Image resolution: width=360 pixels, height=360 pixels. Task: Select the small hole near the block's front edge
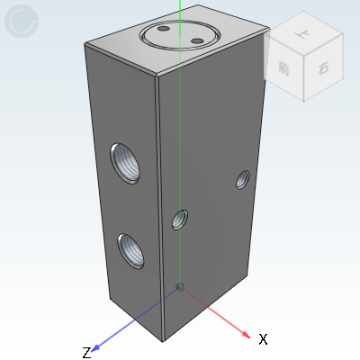coord(180,218)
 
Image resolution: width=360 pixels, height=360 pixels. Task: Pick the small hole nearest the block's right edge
coord(242,180)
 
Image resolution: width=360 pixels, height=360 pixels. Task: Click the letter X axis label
coord(263,339)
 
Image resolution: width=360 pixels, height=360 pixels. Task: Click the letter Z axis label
coord(86,352)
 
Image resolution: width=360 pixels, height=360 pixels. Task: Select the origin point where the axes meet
coord(180,286)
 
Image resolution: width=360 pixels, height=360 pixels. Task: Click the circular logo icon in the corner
coord(22,21)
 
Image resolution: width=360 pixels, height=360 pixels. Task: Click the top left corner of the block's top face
coord(85,43)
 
